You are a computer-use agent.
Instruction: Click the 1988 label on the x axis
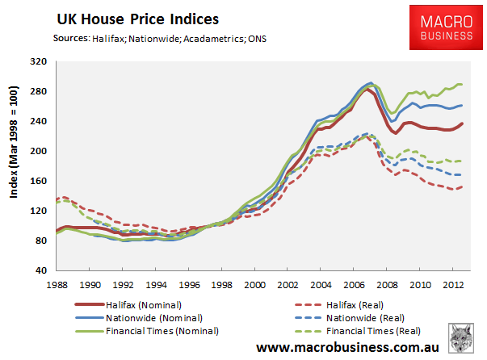tap(56, 284)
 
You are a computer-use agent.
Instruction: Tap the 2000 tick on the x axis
tap(254, 284)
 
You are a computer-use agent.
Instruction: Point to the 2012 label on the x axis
tap(453, 284)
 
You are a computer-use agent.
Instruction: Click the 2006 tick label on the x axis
tap(354, 284)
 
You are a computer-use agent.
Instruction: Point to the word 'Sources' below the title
tap(70, 38)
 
